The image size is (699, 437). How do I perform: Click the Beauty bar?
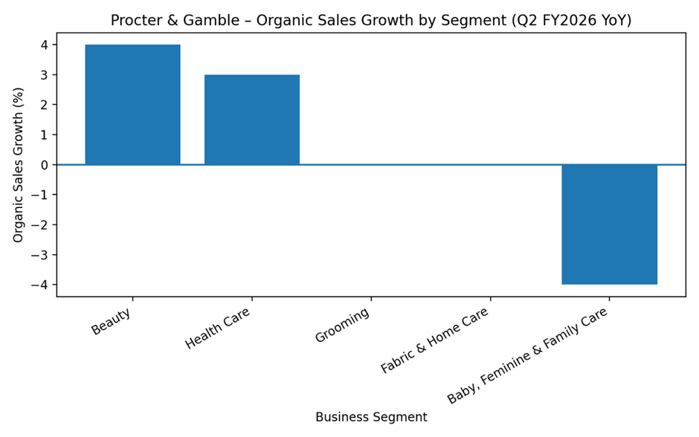pyautogui.click(x=132, y=104)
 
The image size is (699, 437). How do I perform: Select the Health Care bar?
pyautogui.click(x=252, y=120)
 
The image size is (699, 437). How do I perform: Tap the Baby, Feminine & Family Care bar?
pyautogui.click(x=609, y=224)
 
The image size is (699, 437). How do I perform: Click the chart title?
pyautogui.click(x=371, y=20)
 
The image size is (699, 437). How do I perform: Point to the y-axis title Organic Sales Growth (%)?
pyautogui.click(x=19, y=164)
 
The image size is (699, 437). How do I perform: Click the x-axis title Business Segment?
pyautogui.click(x=371, y=417)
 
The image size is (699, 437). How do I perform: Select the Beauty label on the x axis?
pyautogui.click(x=112, y=321)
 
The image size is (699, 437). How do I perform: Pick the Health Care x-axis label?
pyautogui.click(x=218, y=328)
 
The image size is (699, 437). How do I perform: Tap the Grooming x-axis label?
pyautogui.click(x=342, y=326)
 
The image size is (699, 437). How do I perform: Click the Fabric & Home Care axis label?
pyautogui.click(x=435, y=340)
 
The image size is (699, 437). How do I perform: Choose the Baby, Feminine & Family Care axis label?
pyautogui.click(x=528, y=355)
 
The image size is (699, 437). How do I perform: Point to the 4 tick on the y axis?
pyautogui.click(x=44, y=45)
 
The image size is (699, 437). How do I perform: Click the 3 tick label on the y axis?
pyautogui.click(x=44, y=75)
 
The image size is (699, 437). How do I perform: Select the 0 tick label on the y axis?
pyautogui.click(x=44, y=165)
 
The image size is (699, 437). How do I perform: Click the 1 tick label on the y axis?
pyautogui.click(x=44, y=135)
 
